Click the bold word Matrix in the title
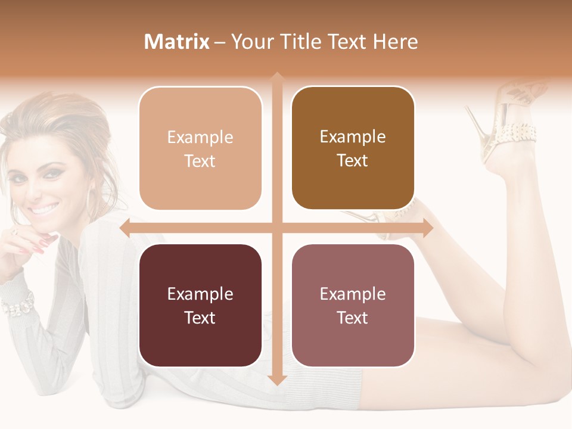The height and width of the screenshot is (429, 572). pyautogui.click(x=177, y=42)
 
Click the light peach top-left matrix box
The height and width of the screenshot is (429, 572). pyautogui.click(x=200, y=148)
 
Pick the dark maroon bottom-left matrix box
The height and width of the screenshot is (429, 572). pyautogui.click(x=200, y=305)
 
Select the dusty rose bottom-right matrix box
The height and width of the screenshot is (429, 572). pyautogui.click(x=353, y=305)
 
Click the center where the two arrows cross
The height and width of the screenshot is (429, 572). pyautogui.click(x=276, y=228)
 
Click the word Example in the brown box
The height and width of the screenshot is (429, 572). pyautogui.click(x=353, y=136)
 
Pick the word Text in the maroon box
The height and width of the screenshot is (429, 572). pyautogui.click(x=200, y=318)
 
